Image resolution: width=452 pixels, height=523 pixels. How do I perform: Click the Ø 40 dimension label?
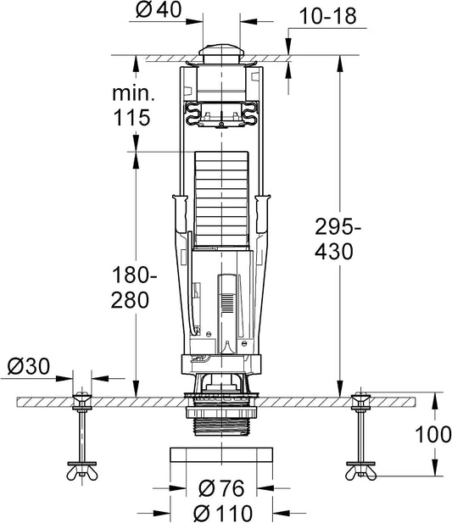click(159, 9)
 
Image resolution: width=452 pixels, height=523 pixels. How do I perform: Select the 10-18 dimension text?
click(327, 15)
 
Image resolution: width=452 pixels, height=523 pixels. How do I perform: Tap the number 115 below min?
click(131, 118)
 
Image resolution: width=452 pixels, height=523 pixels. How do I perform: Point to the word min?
click(133, 94)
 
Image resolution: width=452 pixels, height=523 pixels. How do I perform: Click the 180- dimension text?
click(134, 275)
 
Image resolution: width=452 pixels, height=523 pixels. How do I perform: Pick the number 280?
click(130, 300)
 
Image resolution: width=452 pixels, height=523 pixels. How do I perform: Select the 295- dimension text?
click(338, 227)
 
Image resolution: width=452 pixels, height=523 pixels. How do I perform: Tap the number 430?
click(334, 252)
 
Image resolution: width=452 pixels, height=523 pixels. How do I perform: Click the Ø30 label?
click(29, 366)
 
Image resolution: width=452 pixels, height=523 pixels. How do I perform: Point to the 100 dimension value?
click(433, 435)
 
